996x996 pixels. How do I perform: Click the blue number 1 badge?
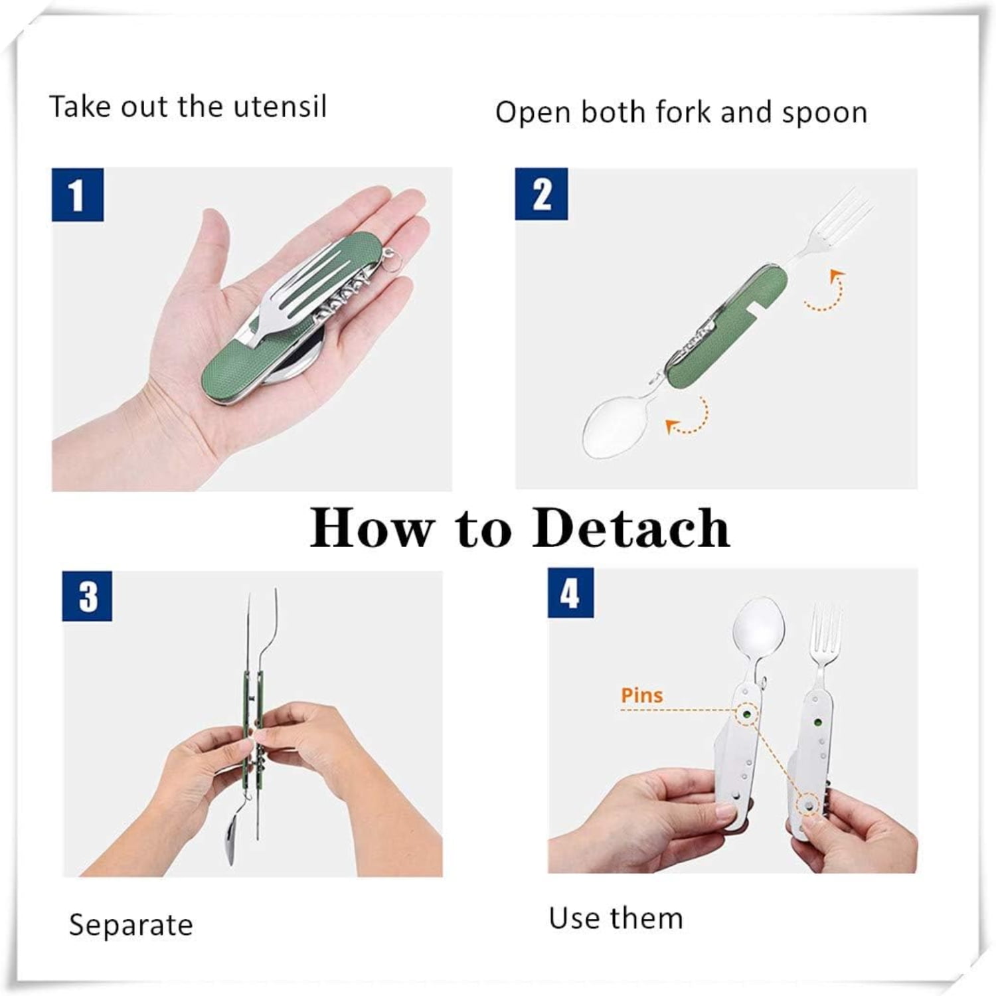coord(78,195)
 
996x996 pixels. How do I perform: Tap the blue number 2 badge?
coord(541,194)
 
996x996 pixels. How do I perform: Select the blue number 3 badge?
coord(87,596)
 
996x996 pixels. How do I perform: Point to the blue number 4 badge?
coord(570,592)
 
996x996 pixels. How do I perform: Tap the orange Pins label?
coord(641,695)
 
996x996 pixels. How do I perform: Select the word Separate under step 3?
coord(131,924)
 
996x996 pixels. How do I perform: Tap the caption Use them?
coord(616,918)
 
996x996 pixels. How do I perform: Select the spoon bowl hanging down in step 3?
coord(230,839)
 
